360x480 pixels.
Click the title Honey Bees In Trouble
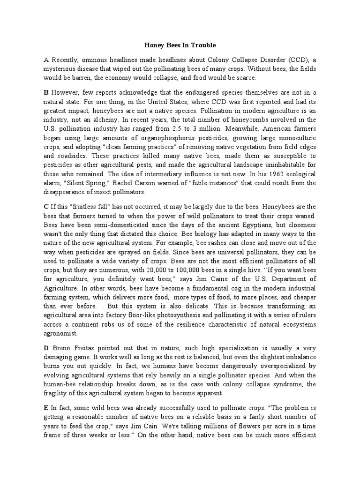pos(180,45)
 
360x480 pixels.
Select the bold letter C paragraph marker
pos(46,206)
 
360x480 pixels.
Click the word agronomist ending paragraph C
pos(62,333)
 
